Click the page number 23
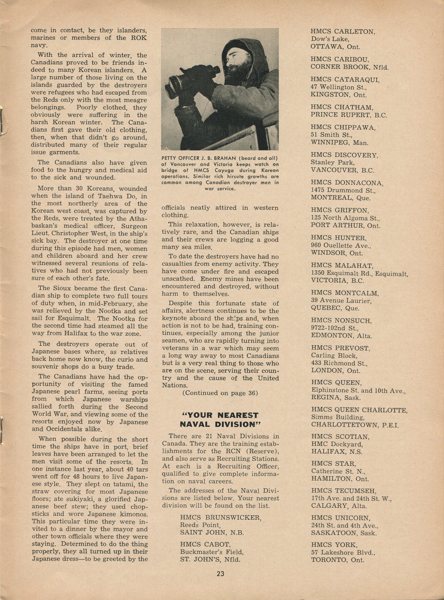(220, 574)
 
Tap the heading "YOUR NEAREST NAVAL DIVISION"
(220, 419)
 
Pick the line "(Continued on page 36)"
(220, 393)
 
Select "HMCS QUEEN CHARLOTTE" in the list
(359, 410)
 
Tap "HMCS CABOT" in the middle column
(205, 544)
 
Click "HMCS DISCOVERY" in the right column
(344, 155)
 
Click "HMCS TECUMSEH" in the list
(343, 491)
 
